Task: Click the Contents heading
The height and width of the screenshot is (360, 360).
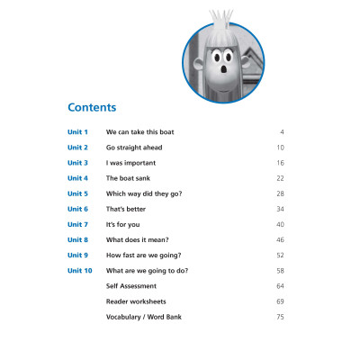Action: (x=92, y=108)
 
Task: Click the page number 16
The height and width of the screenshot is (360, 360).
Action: (x=281, y=163)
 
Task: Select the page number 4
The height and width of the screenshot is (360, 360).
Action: (x=283, y=132)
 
